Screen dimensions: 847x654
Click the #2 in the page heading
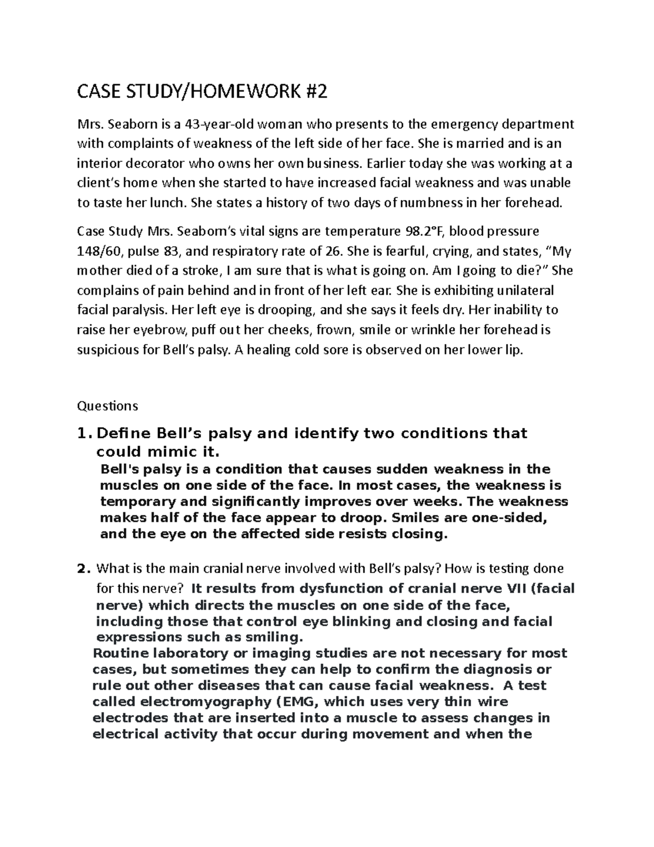[x=318, y=93]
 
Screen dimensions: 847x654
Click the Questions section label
[x=108, y=406]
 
